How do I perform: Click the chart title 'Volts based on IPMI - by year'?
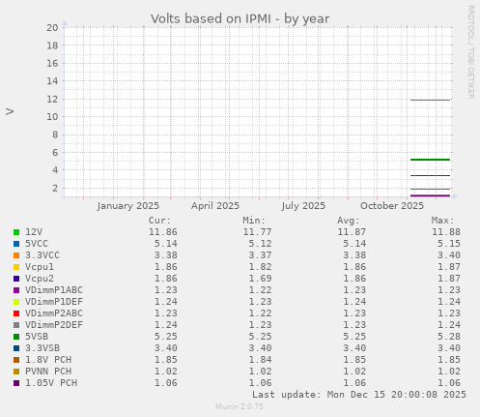[x=240, y=18]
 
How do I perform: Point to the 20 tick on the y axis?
[x=52, y=28]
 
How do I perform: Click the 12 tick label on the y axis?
[x=52, y=99]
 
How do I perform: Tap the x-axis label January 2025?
[x=127, y=205]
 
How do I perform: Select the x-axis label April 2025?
[x=214, y=205]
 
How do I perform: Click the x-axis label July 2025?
[x=303, y=205]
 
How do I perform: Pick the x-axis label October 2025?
[x=391, y=205]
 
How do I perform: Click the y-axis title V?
[x=10, y=111]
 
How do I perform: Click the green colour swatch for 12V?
[x=16, y=232]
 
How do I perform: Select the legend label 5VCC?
[x=38, y=244]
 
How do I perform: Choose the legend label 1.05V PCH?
[x=51, y=383]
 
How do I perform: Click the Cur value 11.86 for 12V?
[x=162, y=232]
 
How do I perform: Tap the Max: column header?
[x=443, y=221]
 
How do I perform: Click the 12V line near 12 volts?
[x=430, y=100]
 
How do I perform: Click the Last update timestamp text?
[x=359, y=395]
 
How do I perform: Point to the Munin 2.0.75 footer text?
[x=240, y=407]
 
